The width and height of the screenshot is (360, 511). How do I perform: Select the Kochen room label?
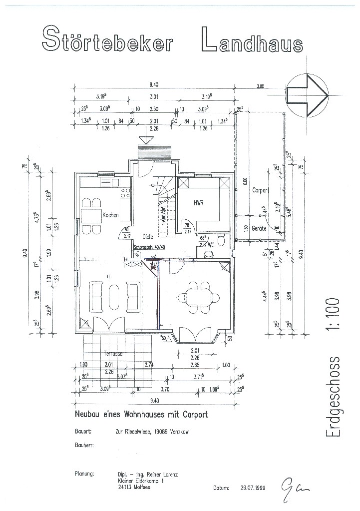tap(110, 215)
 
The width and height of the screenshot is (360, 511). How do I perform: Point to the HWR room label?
tap(200, 203)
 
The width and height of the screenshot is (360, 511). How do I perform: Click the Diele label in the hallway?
tap(147, 237)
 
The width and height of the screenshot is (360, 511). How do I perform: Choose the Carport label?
tap(261, 190)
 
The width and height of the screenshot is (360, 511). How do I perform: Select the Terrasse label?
tap(113, 353)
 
